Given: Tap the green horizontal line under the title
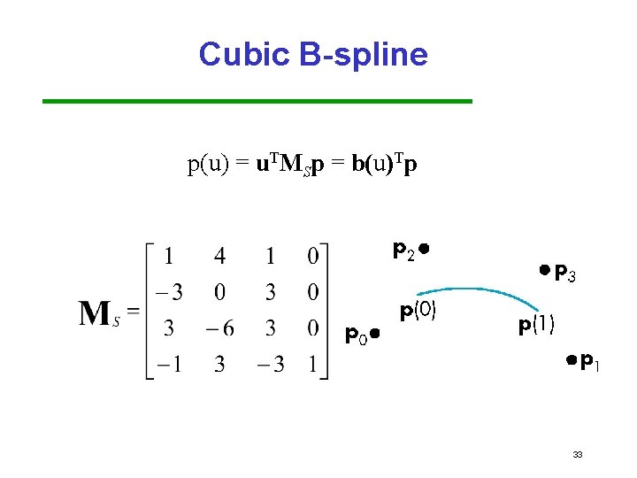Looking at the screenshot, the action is (x=257, y=102).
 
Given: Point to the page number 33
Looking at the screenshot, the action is (x=578, y=455).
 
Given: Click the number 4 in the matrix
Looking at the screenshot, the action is (x=219, y=257).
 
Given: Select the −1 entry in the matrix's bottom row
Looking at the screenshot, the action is (x=168, y=364).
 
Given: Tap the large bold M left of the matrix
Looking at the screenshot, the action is (x=95, y=313).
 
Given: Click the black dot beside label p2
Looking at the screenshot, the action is (x=425, y=249).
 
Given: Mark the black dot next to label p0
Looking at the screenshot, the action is (x=375, y=334).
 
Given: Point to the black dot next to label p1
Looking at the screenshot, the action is (x=572, y=359).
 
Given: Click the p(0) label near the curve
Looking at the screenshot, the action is (x=418, y=312).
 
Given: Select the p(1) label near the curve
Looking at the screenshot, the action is (x=536, y=326).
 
